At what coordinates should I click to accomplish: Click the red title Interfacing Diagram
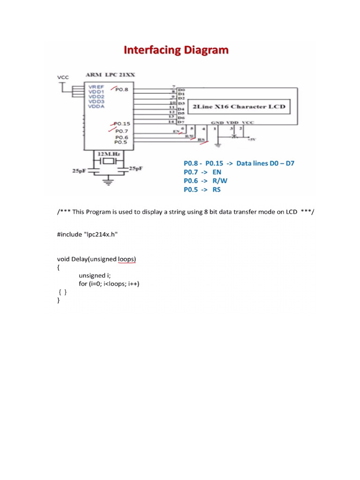click(x=176, y=51)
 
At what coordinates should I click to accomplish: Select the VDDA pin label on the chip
click(x=96, y=106)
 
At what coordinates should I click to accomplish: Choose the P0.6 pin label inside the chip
click(x=122, y=137)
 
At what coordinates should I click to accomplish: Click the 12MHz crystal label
click(x=108, y=153)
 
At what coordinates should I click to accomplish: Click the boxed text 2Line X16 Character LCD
click(x=238, y=106)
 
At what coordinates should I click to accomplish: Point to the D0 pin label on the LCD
click(x=182, y=89)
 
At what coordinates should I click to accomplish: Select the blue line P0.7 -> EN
click(x=202, y=172)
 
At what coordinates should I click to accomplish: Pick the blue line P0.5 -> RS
click(x=202, y=189)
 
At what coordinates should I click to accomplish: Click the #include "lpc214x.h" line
click(x=87, y=234)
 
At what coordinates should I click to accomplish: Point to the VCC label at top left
click(x=62, y=77)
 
